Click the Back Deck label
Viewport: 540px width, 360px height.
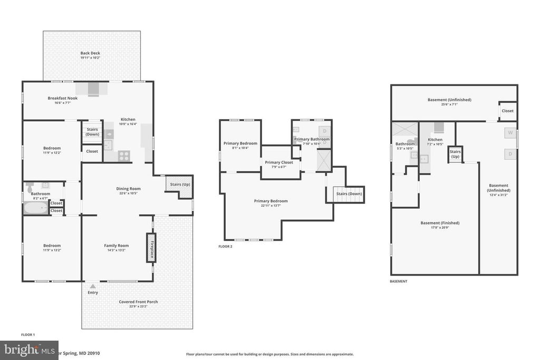click(90, 53)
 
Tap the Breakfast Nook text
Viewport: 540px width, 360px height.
click(63, 98)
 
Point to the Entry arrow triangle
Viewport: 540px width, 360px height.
click(93, 286)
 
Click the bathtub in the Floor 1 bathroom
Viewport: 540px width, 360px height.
click(35, 207)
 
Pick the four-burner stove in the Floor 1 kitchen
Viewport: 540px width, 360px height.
click(124, 155)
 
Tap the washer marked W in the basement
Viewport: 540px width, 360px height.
click(510, 133)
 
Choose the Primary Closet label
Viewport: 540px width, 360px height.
click(279, 162)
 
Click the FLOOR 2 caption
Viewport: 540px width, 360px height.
click(225, 246)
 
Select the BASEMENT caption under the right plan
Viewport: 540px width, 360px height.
click(398, 281)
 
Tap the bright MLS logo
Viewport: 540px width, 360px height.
click(29, 350)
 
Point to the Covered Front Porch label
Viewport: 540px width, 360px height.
click(138, 302)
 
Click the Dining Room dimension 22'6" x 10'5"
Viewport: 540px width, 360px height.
click(128, 193)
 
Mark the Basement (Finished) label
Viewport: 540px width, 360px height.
click(440, 223)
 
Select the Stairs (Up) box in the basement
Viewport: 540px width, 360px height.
click(455, 154)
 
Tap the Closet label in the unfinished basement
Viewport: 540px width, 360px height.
click(507, 111)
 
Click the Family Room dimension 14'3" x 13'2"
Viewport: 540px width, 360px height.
click(116, 250)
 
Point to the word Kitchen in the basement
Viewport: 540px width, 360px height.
click(435, 140)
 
